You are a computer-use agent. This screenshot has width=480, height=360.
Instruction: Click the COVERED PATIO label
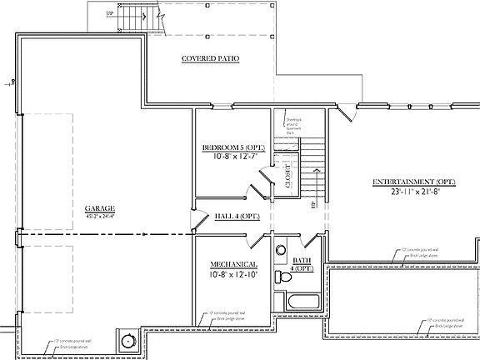(x=210, y=59)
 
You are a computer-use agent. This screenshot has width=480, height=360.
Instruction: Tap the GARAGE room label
(x=99, y=209)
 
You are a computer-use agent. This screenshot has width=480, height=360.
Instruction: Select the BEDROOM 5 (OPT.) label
(x=228, y=148)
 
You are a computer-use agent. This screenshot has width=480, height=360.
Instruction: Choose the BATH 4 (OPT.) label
(x=302, y=266)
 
